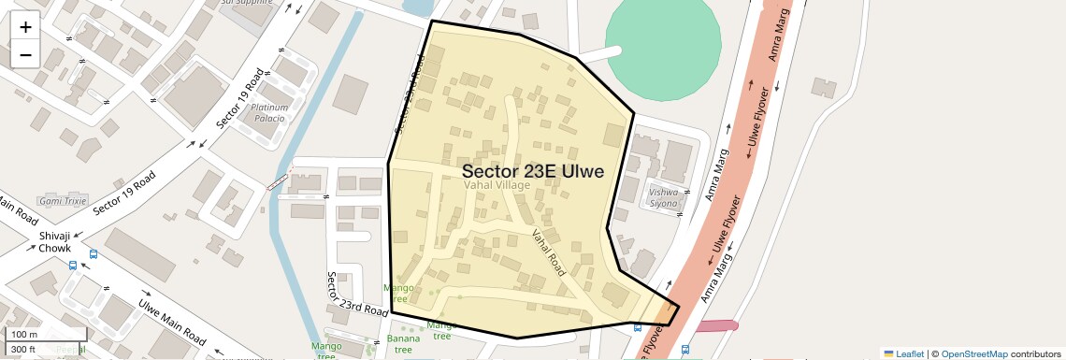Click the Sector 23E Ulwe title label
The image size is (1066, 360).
coord(532,171)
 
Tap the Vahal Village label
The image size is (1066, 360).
coord(497,186)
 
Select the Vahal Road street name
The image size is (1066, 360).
coord(549,252)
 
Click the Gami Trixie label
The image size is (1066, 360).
coord(63,201)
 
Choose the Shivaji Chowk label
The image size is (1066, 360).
coord(55,242)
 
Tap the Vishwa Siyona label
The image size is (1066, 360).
coord(663,197)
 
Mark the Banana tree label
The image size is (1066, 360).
coord(402,343)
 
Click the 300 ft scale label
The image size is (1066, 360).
coord(24,350)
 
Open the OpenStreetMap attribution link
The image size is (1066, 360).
coord(973,353)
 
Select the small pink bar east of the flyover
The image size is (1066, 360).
coord(715,325)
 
